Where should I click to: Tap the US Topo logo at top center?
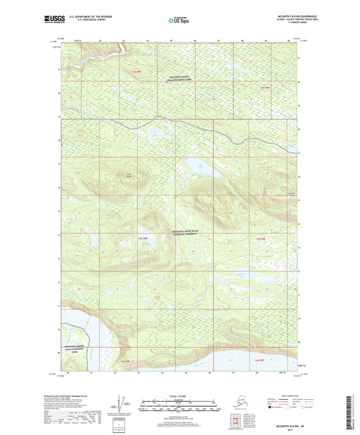click(x=179, y=21)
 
